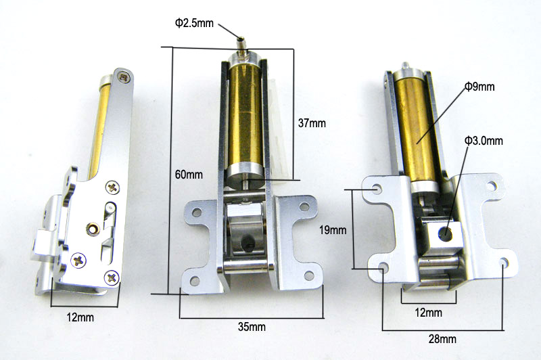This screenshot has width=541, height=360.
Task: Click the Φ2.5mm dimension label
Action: click(x=194, y=23)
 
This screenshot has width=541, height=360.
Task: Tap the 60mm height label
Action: click(x=189, y=175)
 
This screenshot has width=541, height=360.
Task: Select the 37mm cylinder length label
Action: click(x=312, y=123)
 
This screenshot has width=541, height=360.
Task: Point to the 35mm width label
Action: click(x=252, y=327)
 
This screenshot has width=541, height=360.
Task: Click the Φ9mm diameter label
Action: click(x=479, y=87)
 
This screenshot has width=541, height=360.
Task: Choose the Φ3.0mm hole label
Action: click(x=484, y=141)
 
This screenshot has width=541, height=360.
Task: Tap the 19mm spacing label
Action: click(x=333, y=230)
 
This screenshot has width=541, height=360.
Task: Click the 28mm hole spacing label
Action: click(x=442, y=339)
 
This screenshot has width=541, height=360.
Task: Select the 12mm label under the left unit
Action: click(x=80, y=317)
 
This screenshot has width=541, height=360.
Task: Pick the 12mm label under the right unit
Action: click(x=428, y=313)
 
